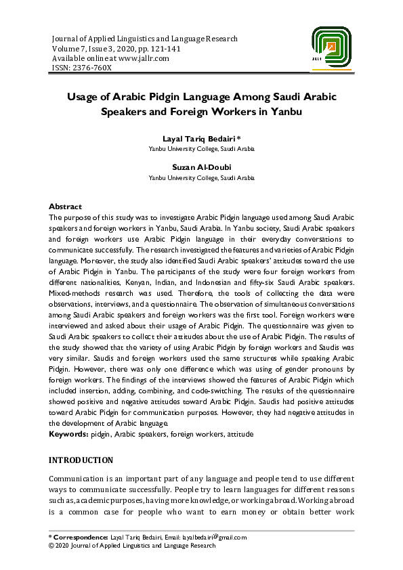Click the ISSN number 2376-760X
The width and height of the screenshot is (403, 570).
click(x=92, y=68)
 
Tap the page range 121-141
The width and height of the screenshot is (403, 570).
click(x=159, y=49)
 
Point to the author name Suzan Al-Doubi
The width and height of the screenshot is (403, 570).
click(x=202, y=167)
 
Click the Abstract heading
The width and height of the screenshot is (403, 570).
click(x=65, y=206)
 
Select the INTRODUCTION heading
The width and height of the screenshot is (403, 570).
click(x=81, y=460)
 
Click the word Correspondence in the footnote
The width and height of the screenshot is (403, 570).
click(x=81, y=538)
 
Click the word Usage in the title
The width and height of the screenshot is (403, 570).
click(x=83, y=97)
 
